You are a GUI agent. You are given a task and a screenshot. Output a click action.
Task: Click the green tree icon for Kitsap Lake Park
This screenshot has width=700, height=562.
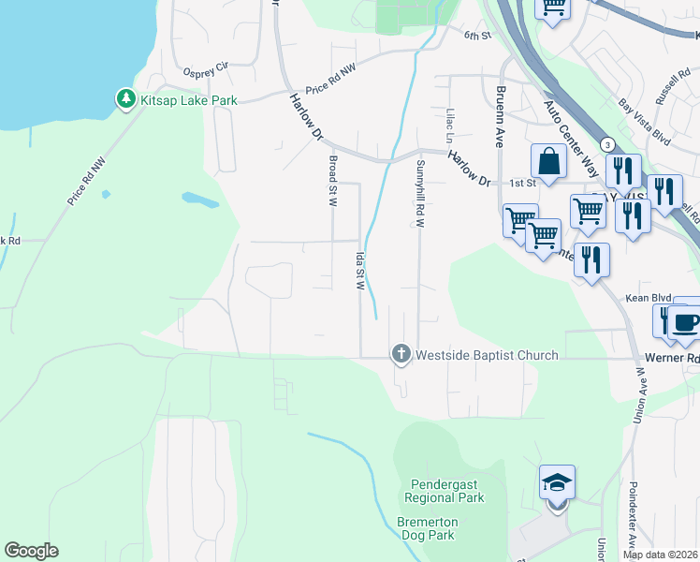pos(125,98)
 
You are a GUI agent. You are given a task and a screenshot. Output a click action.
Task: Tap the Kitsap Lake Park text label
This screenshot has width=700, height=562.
pos(188,99)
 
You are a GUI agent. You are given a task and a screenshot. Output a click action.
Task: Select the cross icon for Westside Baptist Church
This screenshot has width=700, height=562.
pos(401,354)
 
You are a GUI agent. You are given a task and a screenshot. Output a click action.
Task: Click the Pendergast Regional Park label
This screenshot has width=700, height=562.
pos(446,491)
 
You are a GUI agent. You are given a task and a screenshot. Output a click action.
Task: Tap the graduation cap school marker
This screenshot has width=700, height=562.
pos(557,483)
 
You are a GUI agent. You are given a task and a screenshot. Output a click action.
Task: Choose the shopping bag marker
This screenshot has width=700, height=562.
pos(548,162)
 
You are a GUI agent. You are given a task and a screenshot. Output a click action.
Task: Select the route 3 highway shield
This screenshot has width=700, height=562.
pos(608,145)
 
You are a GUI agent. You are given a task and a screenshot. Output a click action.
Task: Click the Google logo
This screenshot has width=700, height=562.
pos(31,550)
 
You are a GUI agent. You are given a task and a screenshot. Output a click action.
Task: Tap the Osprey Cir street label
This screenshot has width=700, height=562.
pos(207,67)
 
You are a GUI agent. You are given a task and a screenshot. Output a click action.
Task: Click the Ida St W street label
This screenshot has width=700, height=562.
pos(358,270)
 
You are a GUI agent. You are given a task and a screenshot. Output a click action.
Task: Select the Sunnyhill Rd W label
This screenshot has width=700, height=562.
pos(420,194)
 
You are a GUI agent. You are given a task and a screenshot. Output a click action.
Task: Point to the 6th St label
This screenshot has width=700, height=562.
pos(477,36)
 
